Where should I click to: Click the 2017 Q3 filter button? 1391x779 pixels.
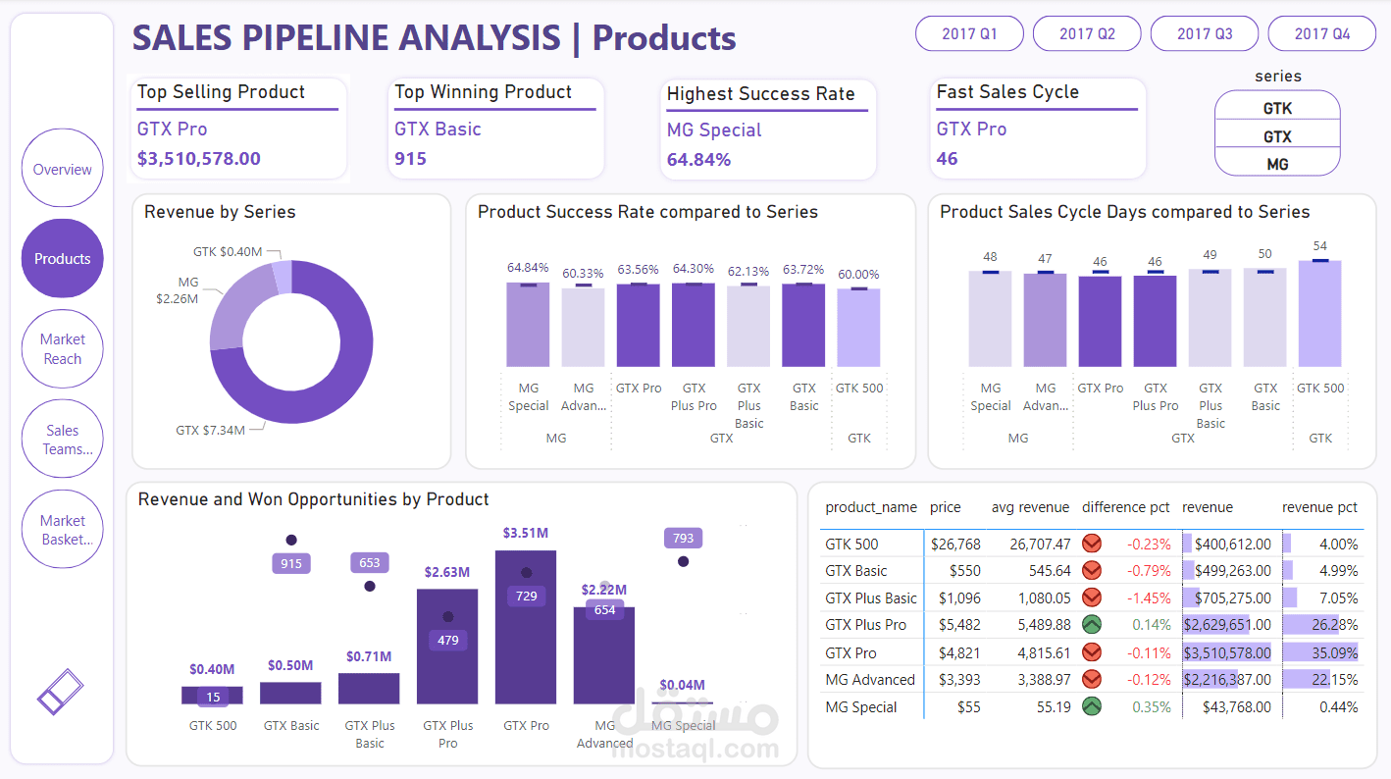click(1205, 33)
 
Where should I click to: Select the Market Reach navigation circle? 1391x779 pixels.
click(62, 349)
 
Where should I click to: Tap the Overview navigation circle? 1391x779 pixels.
click(62, 169)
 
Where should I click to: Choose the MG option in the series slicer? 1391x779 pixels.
click(1277, 164)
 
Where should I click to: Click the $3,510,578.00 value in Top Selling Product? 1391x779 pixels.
click(199, 159)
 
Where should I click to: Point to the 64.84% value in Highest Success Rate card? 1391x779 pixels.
click(698, 160)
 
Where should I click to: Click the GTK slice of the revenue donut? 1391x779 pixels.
click(283, 277)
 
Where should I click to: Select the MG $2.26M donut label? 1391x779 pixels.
click(178, 290)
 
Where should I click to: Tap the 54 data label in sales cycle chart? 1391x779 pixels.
click(1319, 246)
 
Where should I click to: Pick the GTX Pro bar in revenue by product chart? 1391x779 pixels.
click(526, 628)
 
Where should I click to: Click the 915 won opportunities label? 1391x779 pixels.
click(291, 564)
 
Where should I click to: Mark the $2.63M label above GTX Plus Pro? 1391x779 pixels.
click(447, 572)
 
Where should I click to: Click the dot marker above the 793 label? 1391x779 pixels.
click(684, 561)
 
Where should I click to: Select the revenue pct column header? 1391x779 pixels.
click(1319, 507)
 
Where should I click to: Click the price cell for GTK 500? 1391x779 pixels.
click(955, 545)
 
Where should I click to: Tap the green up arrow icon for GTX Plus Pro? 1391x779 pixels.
click(1091, 625)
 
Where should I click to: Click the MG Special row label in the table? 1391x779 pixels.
click(861, 707)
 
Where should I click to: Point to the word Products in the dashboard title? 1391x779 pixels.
click(664, 38)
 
